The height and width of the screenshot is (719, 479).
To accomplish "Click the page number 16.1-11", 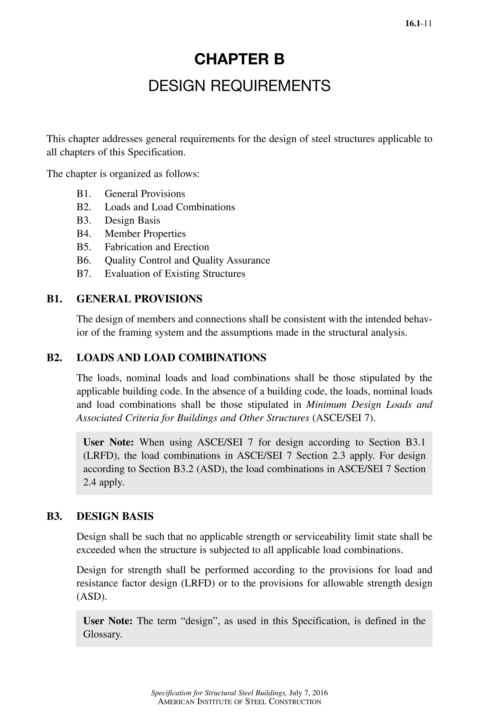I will click(x=418, y=24).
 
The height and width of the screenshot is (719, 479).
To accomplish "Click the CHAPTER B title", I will click(x=239, y=59).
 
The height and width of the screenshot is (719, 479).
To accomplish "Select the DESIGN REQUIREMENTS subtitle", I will click(x=239, y=86).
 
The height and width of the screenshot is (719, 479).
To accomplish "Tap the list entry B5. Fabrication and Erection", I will click(x=143, y=247).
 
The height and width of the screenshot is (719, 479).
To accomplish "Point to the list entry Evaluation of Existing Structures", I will click(x=175, y=273).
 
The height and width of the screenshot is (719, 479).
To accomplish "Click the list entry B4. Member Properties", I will click(x=131, y=234).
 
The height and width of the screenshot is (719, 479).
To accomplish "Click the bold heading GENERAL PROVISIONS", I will click(x=139, y=299).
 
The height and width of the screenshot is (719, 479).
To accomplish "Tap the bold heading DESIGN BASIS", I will click(x=115, y=516).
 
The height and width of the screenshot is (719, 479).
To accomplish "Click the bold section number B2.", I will click(x=54, y=357).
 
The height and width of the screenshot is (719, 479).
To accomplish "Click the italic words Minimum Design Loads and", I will click(x=369, y=404).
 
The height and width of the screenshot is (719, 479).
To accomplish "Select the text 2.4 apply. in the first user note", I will click(x=104, y=482).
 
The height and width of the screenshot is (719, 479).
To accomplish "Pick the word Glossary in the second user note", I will click(x=102, y=634).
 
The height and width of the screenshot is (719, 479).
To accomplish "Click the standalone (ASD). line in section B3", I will click(x=92, y=596).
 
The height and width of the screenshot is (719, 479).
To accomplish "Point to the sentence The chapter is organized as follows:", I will click(x=123, y=174).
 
